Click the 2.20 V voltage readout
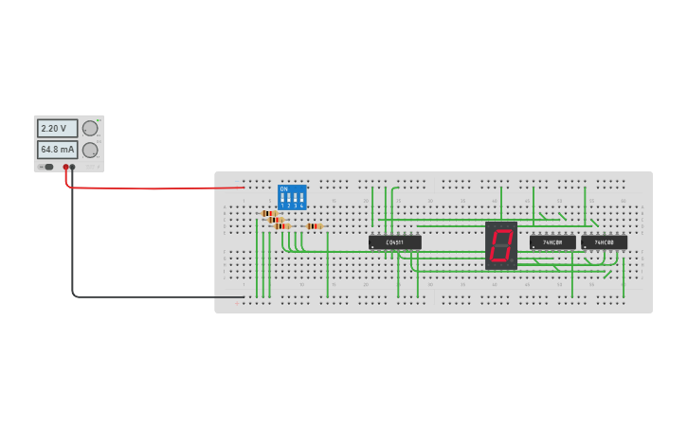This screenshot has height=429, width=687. coord(57,128)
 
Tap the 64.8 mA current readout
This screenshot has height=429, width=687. coord(57,150)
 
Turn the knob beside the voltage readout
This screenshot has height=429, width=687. coord(90,128)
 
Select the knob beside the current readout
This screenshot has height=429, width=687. coord(90,150)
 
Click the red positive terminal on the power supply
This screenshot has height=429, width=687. coord(65,168)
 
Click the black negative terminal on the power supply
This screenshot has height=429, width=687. coord(72,168)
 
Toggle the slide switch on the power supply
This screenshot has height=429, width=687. coord(48,167)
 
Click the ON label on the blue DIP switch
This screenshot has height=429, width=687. coord(283,188)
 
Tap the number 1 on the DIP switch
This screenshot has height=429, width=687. coord(282,206)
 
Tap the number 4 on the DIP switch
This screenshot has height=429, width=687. coord(301,206)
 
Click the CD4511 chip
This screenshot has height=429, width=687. coord(394,242)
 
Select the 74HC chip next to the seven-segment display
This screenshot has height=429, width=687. coord(552,242)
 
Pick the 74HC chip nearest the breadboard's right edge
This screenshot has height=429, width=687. coord(604,242)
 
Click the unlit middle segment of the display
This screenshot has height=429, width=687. coord(501,245)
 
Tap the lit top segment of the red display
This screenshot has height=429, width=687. coord(502,230)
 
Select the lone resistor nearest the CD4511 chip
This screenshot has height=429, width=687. coord(314,226)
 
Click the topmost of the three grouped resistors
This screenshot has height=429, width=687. coord(269,214)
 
